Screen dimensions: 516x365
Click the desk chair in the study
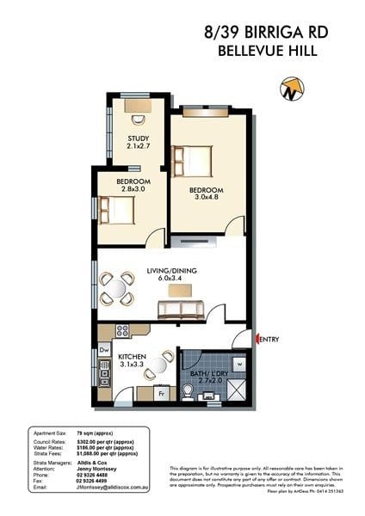coord(138,119)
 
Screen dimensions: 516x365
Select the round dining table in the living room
coord(117,289)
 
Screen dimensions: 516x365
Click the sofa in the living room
coord(180,309)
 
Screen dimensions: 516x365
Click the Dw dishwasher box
coord(104,350)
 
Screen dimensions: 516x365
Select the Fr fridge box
coord(161,394)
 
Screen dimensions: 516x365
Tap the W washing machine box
coord(238,362)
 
